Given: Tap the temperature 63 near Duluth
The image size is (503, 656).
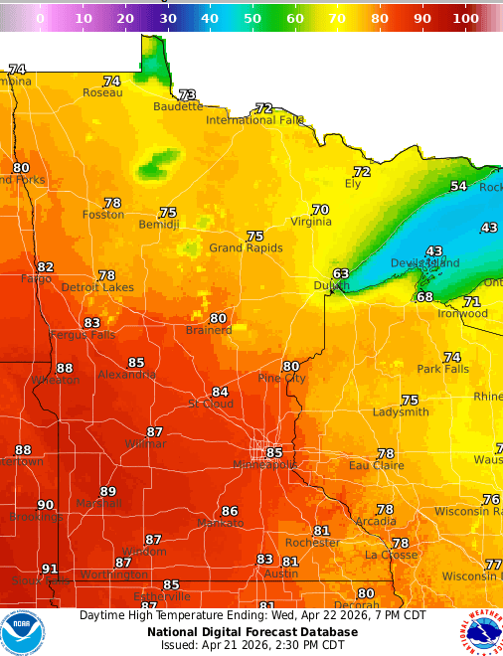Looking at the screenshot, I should point(341,273).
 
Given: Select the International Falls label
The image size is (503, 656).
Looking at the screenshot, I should point(254,120).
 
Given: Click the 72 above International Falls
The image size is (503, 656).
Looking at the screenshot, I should point(263,108).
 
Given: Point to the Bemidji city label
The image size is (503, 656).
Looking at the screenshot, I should point(158,225).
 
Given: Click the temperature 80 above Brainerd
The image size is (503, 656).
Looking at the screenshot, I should point(218,318).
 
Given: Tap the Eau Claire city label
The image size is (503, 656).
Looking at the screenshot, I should point(376,465).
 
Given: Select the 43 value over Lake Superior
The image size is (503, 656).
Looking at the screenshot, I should point(434,251).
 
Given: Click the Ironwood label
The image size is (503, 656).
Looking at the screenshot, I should point(462,314).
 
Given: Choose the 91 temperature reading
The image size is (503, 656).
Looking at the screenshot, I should point(50,570).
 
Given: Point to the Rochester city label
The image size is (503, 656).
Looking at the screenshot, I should point(312,543).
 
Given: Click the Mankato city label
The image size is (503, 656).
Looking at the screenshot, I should point(220,523).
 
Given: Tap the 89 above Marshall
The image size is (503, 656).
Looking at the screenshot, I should point(108,491).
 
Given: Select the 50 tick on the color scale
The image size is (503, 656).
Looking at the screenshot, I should point(252,18).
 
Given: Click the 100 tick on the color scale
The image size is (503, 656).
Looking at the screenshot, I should point(464,18).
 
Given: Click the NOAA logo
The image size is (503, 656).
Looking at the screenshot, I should point(22,632).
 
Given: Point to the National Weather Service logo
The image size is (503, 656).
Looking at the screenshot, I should point(481,632).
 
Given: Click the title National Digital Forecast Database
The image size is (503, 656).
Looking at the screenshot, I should point(251,631).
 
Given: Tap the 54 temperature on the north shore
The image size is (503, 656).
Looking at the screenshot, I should point(458,186).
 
